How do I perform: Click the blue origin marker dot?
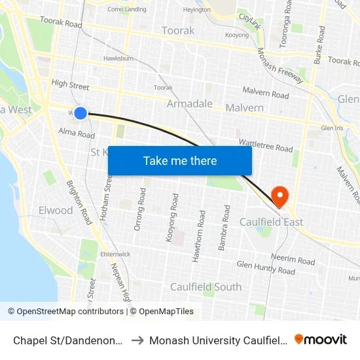[81, 113]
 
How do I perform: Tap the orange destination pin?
[279, 194]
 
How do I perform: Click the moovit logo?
[321, 339]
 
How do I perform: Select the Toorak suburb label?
[178, 31]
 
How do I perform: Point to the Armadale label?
[190, 104]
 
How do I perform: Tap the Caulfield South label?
[206, 287]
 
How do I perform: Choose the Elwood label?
[56, 210]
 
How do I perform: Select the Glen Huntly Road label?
[266, 267]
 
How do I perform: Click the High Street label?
[69, 84]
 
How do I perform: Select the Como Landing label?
[127, 9]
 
